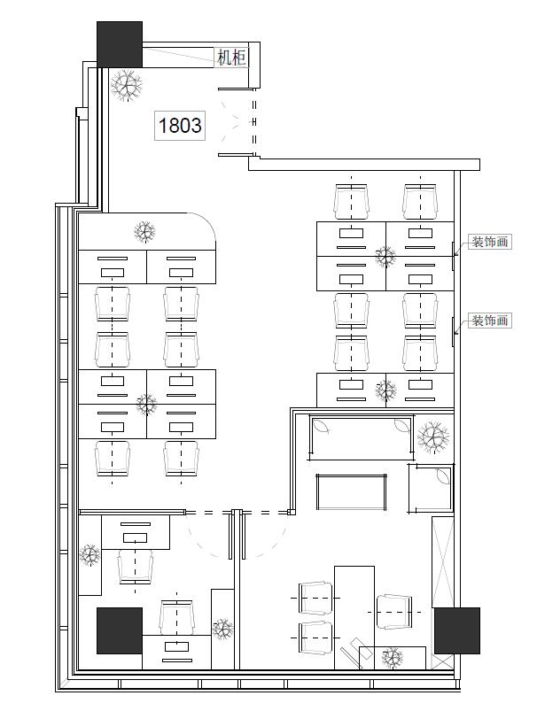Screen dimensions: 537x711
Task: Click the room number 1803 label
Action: pos(180,125)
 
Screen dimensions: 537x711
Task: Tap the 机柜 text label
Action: pos(231,58)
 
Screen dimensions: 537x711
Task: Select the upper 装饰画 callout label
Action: pos(490,242)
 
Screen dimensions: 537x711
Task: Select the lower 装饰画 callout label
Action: pos(490,321)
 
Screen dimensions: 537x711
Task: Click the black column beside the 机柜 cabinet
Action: pos(120,44)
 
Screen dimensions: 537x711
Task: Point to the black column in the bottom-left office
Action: pos(120,630)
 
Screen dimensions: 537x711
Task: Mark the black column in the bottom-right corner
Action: pos(457,630)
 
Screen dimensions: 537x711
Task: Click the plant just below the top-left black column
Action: pos(127,85)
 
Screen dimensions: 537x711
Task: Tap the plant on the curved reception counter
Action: pos(144,231)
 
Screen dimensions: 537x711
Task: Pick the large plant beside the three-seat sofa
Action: pos(433,437)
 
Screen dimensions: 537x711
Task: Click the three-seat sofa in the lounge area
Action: pos(362,437)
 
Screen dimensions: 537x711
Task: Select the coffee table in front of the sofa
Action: pos(352,492)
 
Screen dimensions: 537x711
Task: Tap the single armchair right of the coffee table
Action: pos(431,488)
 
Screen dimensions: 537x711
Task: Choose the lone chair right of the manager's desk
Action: pos(394,612)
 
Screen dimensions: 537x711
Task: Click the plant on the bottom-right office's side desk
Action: pos(393,658)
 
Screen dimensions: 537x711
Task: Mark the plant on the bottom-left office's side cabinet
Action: pos(89,554)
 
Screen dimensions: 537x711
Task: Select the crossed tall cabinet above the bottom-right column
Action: pos(442,562)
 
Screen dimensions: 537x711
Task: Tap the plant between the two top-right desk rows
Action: pos(385,257)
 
